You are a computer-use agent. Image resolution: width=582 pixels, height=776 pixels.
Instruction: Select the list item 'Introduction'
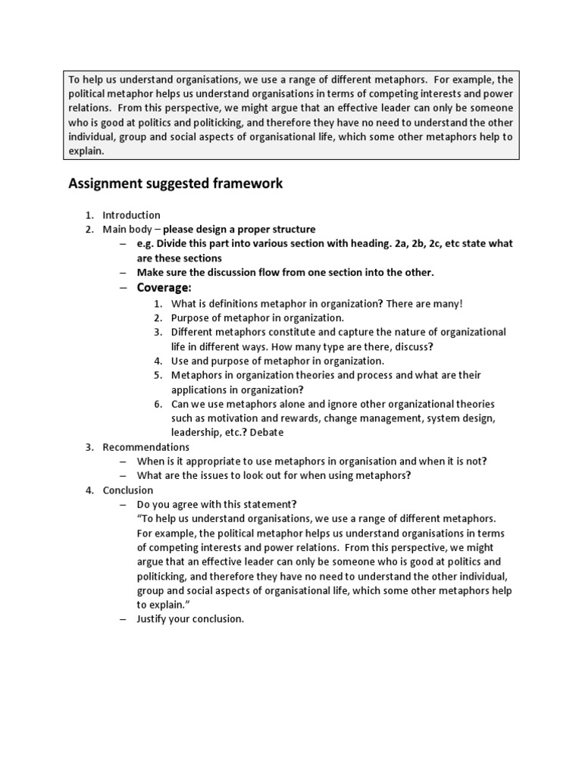click(x=131, y=215)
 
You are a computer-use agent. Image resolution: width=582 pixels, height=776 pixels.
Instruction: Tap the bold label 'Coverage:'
click(x=164, y=288)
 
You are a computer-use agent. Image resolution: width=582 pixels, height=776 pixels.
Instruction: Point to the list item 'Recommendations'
click(x=145, y=447)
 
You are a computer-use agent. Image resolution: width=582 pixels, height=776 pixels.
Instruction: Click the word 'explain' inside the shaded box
click(x=85, y=151)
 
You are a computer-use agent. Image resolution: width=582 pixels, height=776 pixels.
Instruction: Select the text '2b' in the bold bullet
click(x=427, y=244)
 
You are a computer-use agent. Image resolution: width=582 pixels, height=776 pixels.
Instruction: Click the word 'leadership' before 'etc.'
click(x=195, y=432)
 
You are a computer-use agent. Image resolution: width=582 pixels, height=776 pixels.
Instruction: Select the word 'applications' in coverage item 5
click(x=201, y=389)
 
